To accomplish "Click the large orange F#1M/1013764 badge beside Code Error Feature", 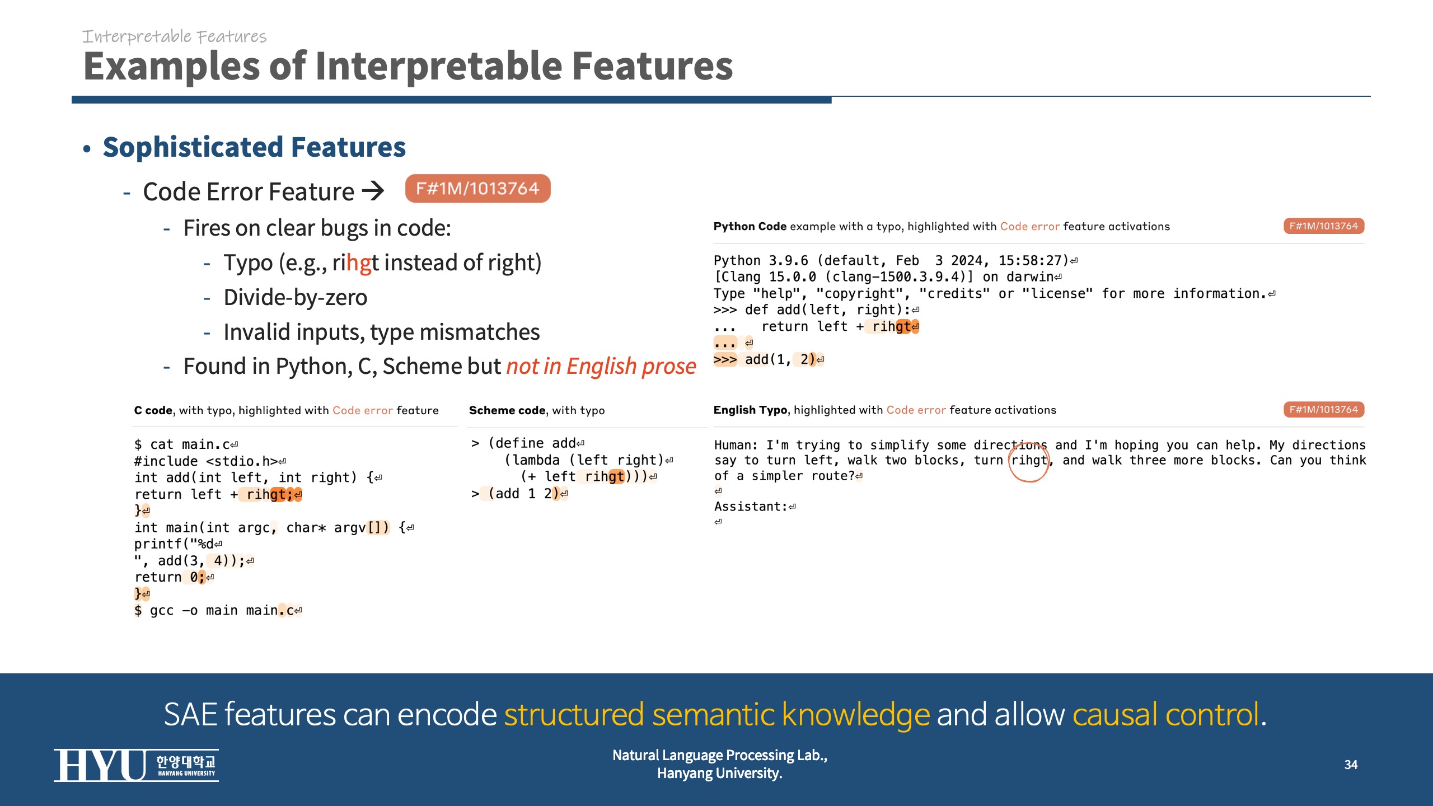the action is click(x=477, y=189).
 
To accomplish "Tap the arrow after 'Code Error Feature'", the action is click(x=373, y=191).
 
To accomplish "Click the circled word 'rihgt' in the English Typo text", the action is click(x=1029, y=460).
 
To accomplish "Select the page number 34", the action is click(x=1351, y=765).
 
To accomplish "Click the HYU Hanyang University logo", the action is click(x=136, y=765).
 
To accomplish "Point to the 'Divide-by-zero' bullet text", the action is click(x=296, y=297).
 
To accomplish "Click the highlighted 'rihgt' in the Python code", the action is click(x=892, y=326).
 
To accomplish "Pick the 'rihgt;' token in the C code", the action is click(x=270, y=494).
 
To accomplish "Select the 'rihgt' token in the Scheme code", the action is click(x=605, y=476).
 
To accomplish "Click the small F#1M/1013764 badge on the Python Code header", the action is click(x=1324, y=226).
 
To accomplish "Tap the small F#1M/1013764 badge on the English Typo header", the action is click(x=1324, y=410).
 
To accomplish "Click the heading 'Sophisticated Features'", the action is click(x=254, y=147).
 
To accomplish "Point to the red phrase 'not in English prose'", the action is click(x=601, y=367).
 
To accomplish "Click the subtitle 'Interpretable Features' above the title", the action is click(x=174, y=36).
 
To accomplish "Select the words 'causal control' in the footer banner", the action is click(x=1165, y=714).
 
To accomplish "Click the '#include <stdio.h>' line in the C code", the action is click(x=206, y=461).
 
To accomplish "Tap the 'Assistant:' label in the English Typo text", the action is click(x=751, y=507).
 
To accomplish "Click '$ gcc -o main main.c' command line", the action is click(x=214, y=610).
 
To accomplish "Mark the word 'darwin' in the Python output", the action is click(x=1030, y=277).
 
